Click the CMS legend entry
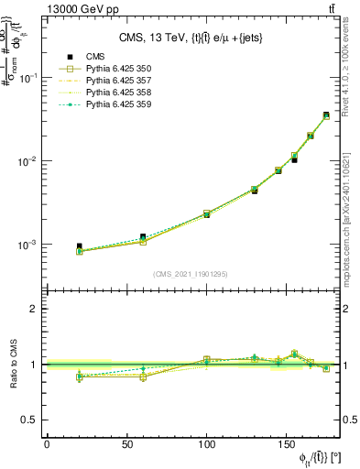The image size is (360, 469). click(x=94, y=57)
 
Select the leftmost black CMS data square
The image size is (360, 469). click(x=79, y=246)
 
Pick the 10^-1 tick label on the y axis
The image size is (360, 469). click(x=27, y=78)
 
